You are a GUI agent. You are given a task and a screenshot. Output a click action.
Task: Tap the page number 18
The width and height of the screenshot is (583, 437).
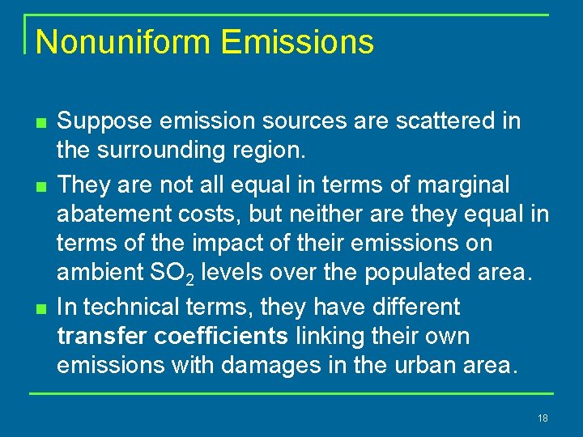pos(543,418)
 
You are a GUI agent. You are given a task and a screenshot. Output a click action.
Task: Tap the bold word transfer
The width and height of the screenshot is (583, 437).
pos(98,337)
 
